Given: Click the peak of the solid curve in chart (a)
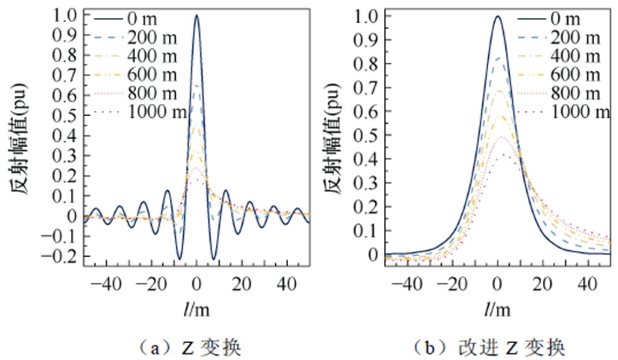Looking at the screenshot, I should tap(196, 16).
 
